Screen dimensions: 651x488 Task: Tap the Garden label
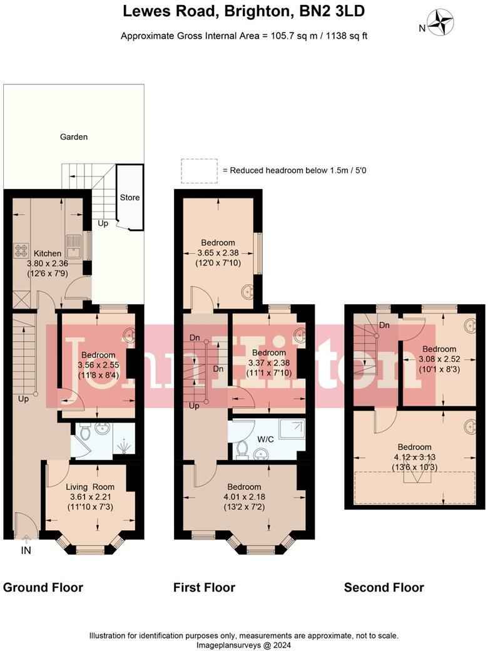[74, 136]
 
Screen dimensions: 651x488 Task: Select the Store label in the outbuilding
[130, 197]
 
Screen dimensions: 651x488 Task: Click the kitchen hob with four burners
[21, 250]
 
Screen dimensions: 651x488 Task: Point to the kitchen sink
[73, 245]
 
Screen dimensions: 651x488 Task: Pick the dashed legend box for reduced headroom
[195, 170]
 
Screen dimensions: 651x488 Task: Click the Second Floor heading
[384, 587]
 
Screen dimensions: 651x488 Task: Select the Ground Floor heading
[43, 587]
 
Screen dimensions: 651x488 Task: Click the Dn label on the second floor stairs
[385, 326]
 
